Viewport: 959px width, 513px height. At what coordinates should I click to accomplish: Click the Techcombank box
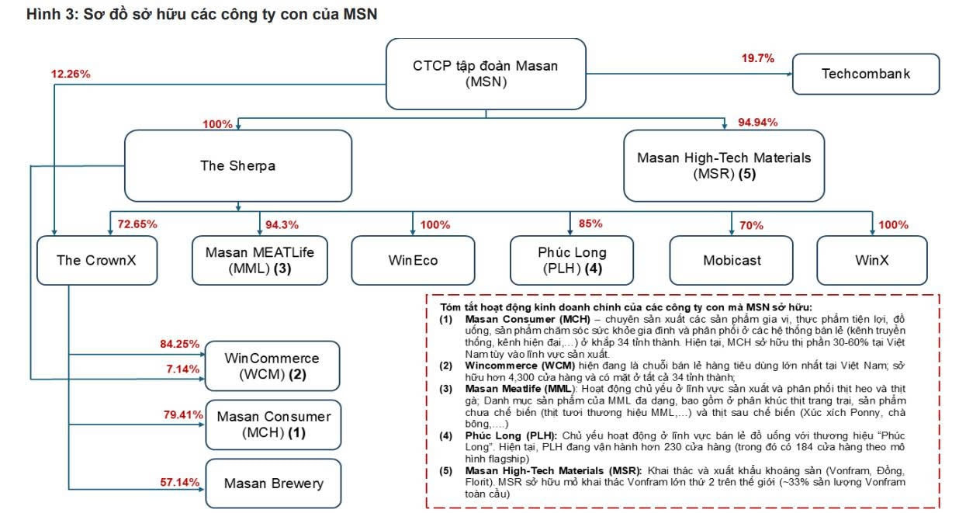(x=866, y=75)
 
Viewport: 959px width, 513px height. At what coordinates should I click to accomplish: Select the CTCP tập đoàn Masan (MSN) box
(x=485, y=74)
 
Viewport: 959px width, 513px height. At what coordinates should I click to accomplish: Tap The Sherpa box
(x=237, y=165)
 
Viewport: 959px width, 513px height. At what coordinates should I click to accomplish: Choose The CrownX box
(x=96, y=260)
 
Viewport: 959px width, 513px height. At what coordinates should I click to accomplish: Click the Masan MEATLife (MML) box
(x=259, y=260)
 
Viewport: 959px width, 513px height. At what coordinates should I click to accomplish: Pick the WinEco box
(x=413, y=260)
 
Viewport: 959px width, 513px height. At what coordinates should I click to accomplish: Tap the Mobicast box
(x=731, y=260)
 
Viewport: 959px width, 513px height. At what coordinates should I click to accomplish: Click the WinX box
(x=872, y=260)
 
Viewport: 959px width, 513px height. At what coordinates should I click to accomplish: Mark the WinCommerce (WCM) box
(x=272, y=366)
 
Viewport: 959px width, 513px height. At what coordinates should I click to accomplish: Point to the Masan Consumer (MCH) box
(x=272, y=425)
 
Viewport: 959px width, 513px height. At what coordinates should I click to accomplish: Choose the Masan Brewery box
(x=272, y=484)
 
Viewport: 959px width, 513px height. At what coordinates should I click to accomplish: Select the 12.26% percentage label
(x=71, y=75)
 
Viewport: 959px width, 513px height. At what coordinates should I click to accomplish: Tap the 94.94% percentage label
(x=758, y=122)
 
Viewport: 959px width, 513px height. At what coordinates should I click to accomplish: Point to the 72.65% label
(x=137, y=224)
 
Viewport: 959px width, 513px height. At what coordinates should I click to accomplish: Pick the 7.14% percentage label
(x=184, y=369)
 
